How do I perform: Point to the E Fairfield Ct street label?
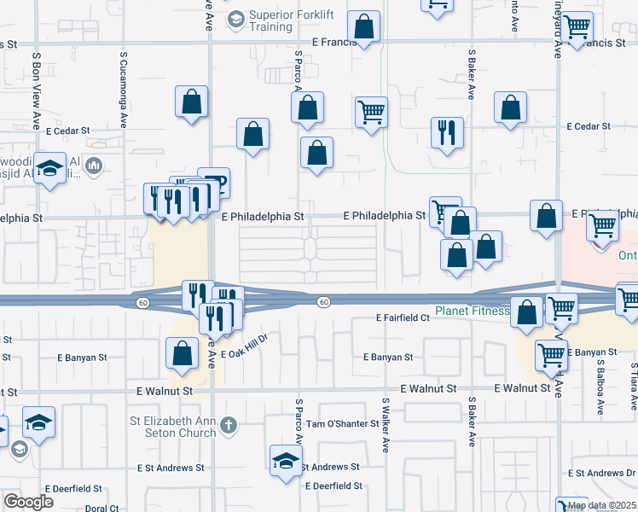[402, 317]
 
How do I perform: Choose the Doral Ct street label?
[101, 509]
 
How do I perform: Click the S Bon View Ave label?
[37, 89]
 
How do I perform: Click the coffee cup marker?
[213, 182]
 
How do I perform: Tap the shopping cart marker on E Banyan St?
[551, 355]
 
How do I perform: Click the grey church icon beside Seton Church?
[228, 424]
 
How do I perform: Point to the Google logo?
[28, 502]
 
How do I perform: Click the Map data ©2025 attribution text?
[601, 506]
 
